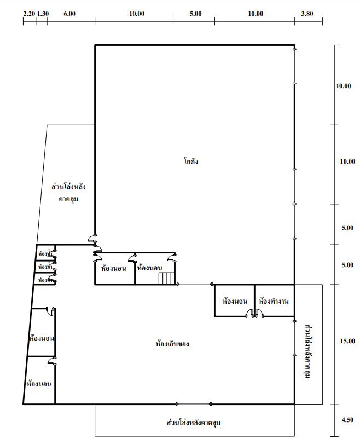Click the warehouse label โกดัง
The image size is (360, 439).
tap(191, 161)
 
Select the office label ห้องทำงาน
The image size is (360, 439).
tap(274, 301)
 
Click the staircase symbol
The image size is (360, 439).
tap(166, 279)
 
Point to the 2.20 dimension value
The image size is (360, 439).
tap(29, 13)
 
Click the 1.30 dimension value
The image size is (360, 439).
tap(42, 13)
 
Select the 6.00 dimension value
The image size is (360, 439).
tap(69, 13)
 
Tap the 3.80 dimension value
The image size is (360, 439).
tap(307, 13)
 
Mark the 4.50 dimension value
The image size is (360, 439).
tap(347, 420)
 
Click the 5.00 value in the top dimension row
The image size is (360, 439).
tap(195, 13)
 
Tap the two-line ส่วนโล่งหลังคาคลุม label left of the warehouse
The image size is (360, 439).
tap(69, 193)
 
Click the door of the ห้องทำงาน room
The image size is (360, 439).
tap(259, 313)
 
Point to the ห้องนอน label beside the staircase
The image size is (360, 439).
tap(149, 268)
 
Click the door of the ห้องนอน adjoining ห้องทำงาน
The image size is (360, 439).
tap(250, 313)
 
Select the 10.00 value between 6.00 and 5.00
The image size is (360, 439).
tap(137, 13)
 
